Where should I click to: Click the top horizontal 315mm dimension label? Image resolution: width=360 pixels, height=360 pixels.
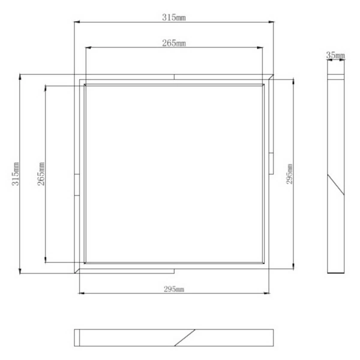point(174,17)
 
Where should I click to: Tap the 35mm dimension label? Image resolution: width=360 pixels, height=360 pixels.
point(335,56)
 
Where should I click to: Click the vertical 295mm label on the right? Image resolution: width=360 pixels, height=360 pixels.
point(290,173)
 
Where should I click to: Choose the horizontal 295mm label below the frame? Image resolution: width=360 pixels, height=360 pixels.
point(174,289)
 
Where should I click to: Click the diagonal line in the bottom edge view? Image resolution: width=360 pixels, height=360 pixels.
point(185,338)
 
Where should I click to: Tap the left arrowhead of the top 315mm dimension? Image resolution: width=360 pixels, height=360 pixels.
point(76,23)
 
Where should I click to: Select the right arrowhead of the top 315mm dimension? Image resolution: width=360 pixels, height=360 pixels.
point(272,23)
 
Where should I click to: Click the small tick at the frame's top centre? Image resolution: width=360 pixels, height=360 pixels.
point(174,76)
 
